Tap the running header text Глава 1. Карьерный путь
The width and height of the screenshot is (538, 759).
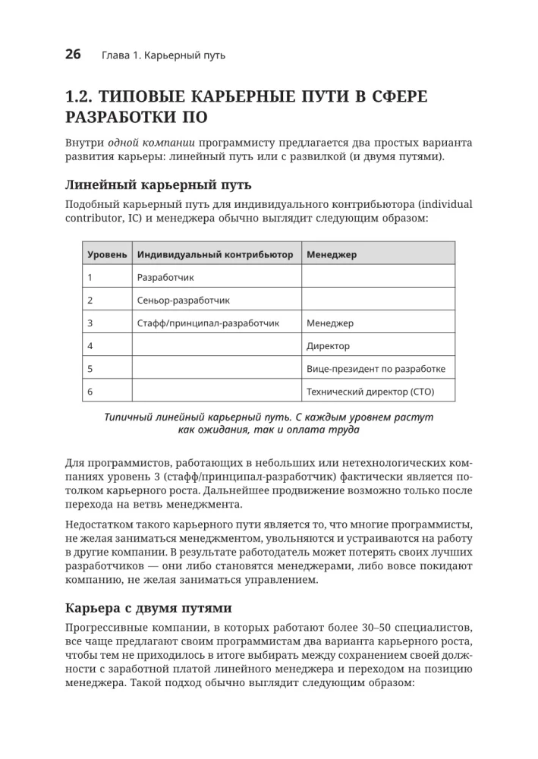pos(163,55)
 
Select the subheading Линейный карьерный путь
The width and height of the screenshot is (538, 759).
pos(159,184)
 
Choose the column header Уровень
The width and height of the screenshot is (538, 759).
pos(107,254)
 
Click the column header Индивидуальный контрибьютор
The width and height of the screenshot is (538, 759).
pos(215,254)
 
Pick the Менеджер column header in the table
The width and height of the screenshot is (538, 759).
pos(332,254)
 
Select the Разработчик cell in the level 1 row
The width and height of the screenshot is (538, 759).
pos(165,277)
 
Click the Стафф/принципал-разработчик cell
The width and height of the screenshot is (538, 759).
pos(208,323)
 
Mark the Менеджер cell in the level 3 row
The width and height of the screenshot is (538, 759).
pos(330,323)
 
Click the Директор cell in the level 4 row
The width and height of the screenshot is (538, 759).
pos(328,345)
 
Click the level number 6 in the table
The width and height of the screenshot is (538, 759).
pos(90,392)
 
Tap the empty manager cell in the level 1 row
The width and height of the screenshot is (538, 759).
pos(378,277)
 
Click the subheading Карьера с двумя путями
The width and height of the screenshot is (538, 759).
pos(149,609)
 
